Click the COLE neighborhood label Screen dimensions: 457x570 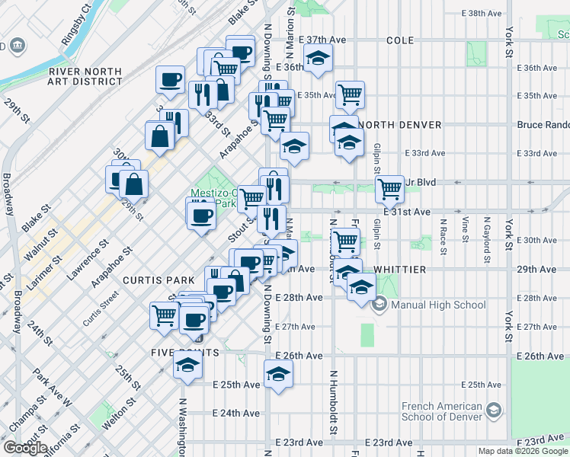pos(399,40)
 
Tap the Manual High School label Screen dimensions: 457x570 pos(438,305)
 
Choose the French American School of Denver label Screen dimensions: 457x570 pos(442,411)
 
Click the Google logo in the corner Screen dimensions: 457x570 pos(25,448)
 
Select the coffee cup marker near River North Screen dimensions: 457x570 pos(170,79)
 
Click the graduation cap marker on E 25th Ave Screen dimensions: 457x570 pos(278,374)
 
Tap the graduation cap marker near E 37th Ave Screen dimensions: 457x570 pos(318,57)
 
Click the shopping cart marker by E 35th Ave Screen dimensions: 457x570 pos(350,94)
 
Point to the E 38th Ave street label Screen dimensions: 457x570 pos(485,14)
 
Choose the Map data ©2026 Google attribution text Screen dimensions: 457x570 pos(523,451)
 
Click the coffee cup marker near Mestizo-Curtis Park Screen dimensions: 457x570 pos(201,213)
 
